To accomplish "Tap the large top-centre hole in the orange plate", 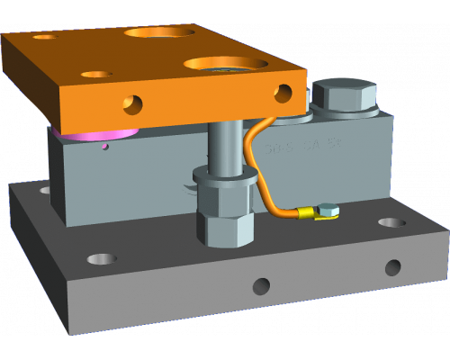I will [x=160, y=32].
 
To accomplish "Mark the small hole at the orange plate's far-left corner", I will [x=42, y=39].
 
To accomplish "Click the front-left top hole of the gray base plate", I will [x=102, y=259].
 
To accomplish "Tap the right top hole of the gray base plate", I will [x=391, y=222].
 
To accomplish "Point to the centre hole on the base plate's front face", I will [x=261, y=287].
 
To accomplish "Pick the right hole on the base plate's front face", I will [x=392, y=267].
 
